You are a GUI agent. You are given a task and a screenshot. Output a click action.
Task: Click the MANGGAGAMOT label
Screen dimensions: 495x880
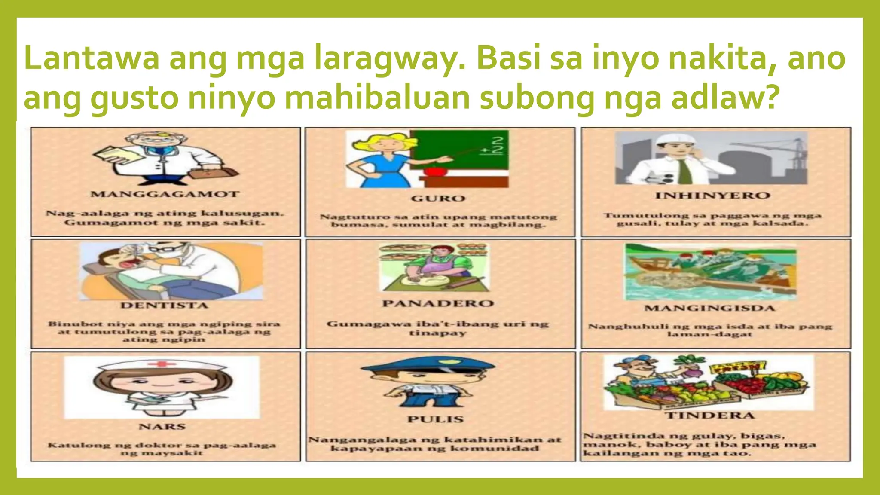coord(165,194)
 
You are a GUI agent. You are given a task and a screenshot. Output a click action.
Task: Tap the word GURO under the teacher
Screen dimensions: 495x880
coord(438,199)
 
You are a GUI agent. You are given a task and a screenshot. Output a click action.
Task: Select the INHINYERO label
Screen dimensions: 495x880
coord(712,196)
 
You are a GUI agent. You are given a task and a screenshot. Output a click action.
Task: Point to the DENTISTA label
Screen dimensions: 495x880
coord(164,306)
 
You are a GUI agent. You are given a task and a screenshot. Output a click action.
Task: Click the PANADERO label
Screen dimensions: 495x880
coord(438,303)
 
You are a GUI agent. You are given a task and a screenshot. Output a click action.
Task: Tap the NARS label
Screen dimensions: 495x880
coord(162,427)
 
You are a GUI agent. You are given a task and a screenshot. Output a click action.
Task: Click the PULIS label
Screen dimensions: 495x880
coord(436,419)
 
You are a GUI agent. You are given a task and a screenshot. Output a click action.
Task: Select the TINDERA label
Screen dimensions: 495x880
coord(710,416)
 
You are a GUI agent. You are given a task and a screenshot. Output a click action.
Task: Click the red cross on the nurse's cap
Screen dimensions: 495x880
coord(162,364)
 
